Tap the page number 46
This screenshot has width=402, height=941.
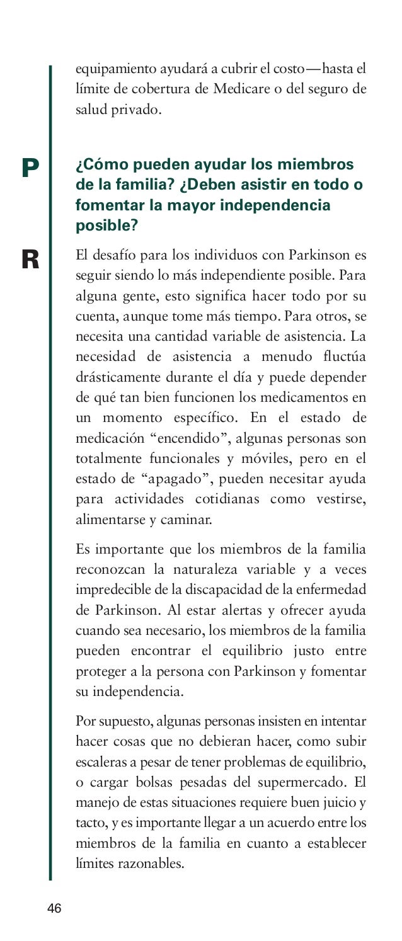click(x=54, y=908)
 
